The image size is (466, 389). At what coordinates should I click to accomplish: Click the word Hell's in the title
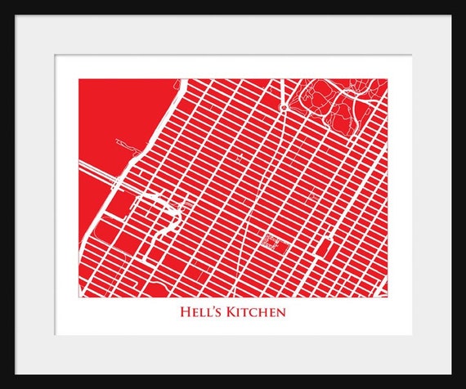199,311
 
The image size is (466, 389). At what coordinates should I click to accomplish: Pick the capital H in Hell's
185,311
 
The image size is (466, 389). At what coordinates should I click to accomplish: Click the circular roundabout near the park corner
283,107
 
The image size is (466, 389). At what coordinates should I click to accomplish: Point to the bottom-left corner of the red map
79,296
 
